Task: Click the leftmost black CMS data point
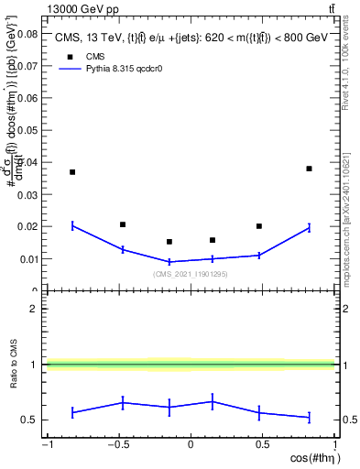72,172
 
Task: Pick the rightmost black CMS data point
310,169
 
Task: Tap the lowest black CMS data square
169,242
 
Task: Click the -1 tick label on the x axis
46,446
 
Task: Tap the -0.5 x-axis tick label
116,446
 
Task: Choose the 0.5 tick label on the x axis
262,446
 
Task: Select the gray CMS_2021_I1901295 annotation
191,275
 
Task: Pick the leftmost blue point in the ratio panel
72,413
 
